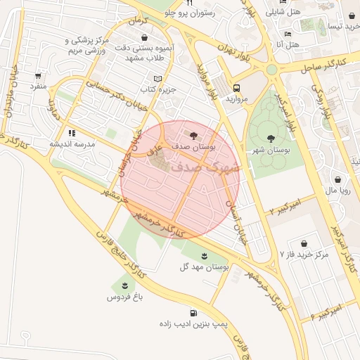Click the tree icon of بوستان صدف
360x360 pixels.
194,134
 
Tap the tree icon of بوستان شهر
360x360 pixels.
271,138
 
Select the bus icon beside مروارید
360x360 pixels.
236,89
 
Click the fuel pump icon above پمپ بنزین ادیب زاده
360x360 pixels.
193,313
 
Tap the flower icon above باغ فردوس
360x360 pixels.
124,284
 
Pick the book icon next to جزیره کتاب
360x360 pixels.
157,78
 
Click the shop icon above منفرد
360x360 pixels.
37,75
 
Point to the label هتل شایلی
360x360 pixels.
285,12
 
